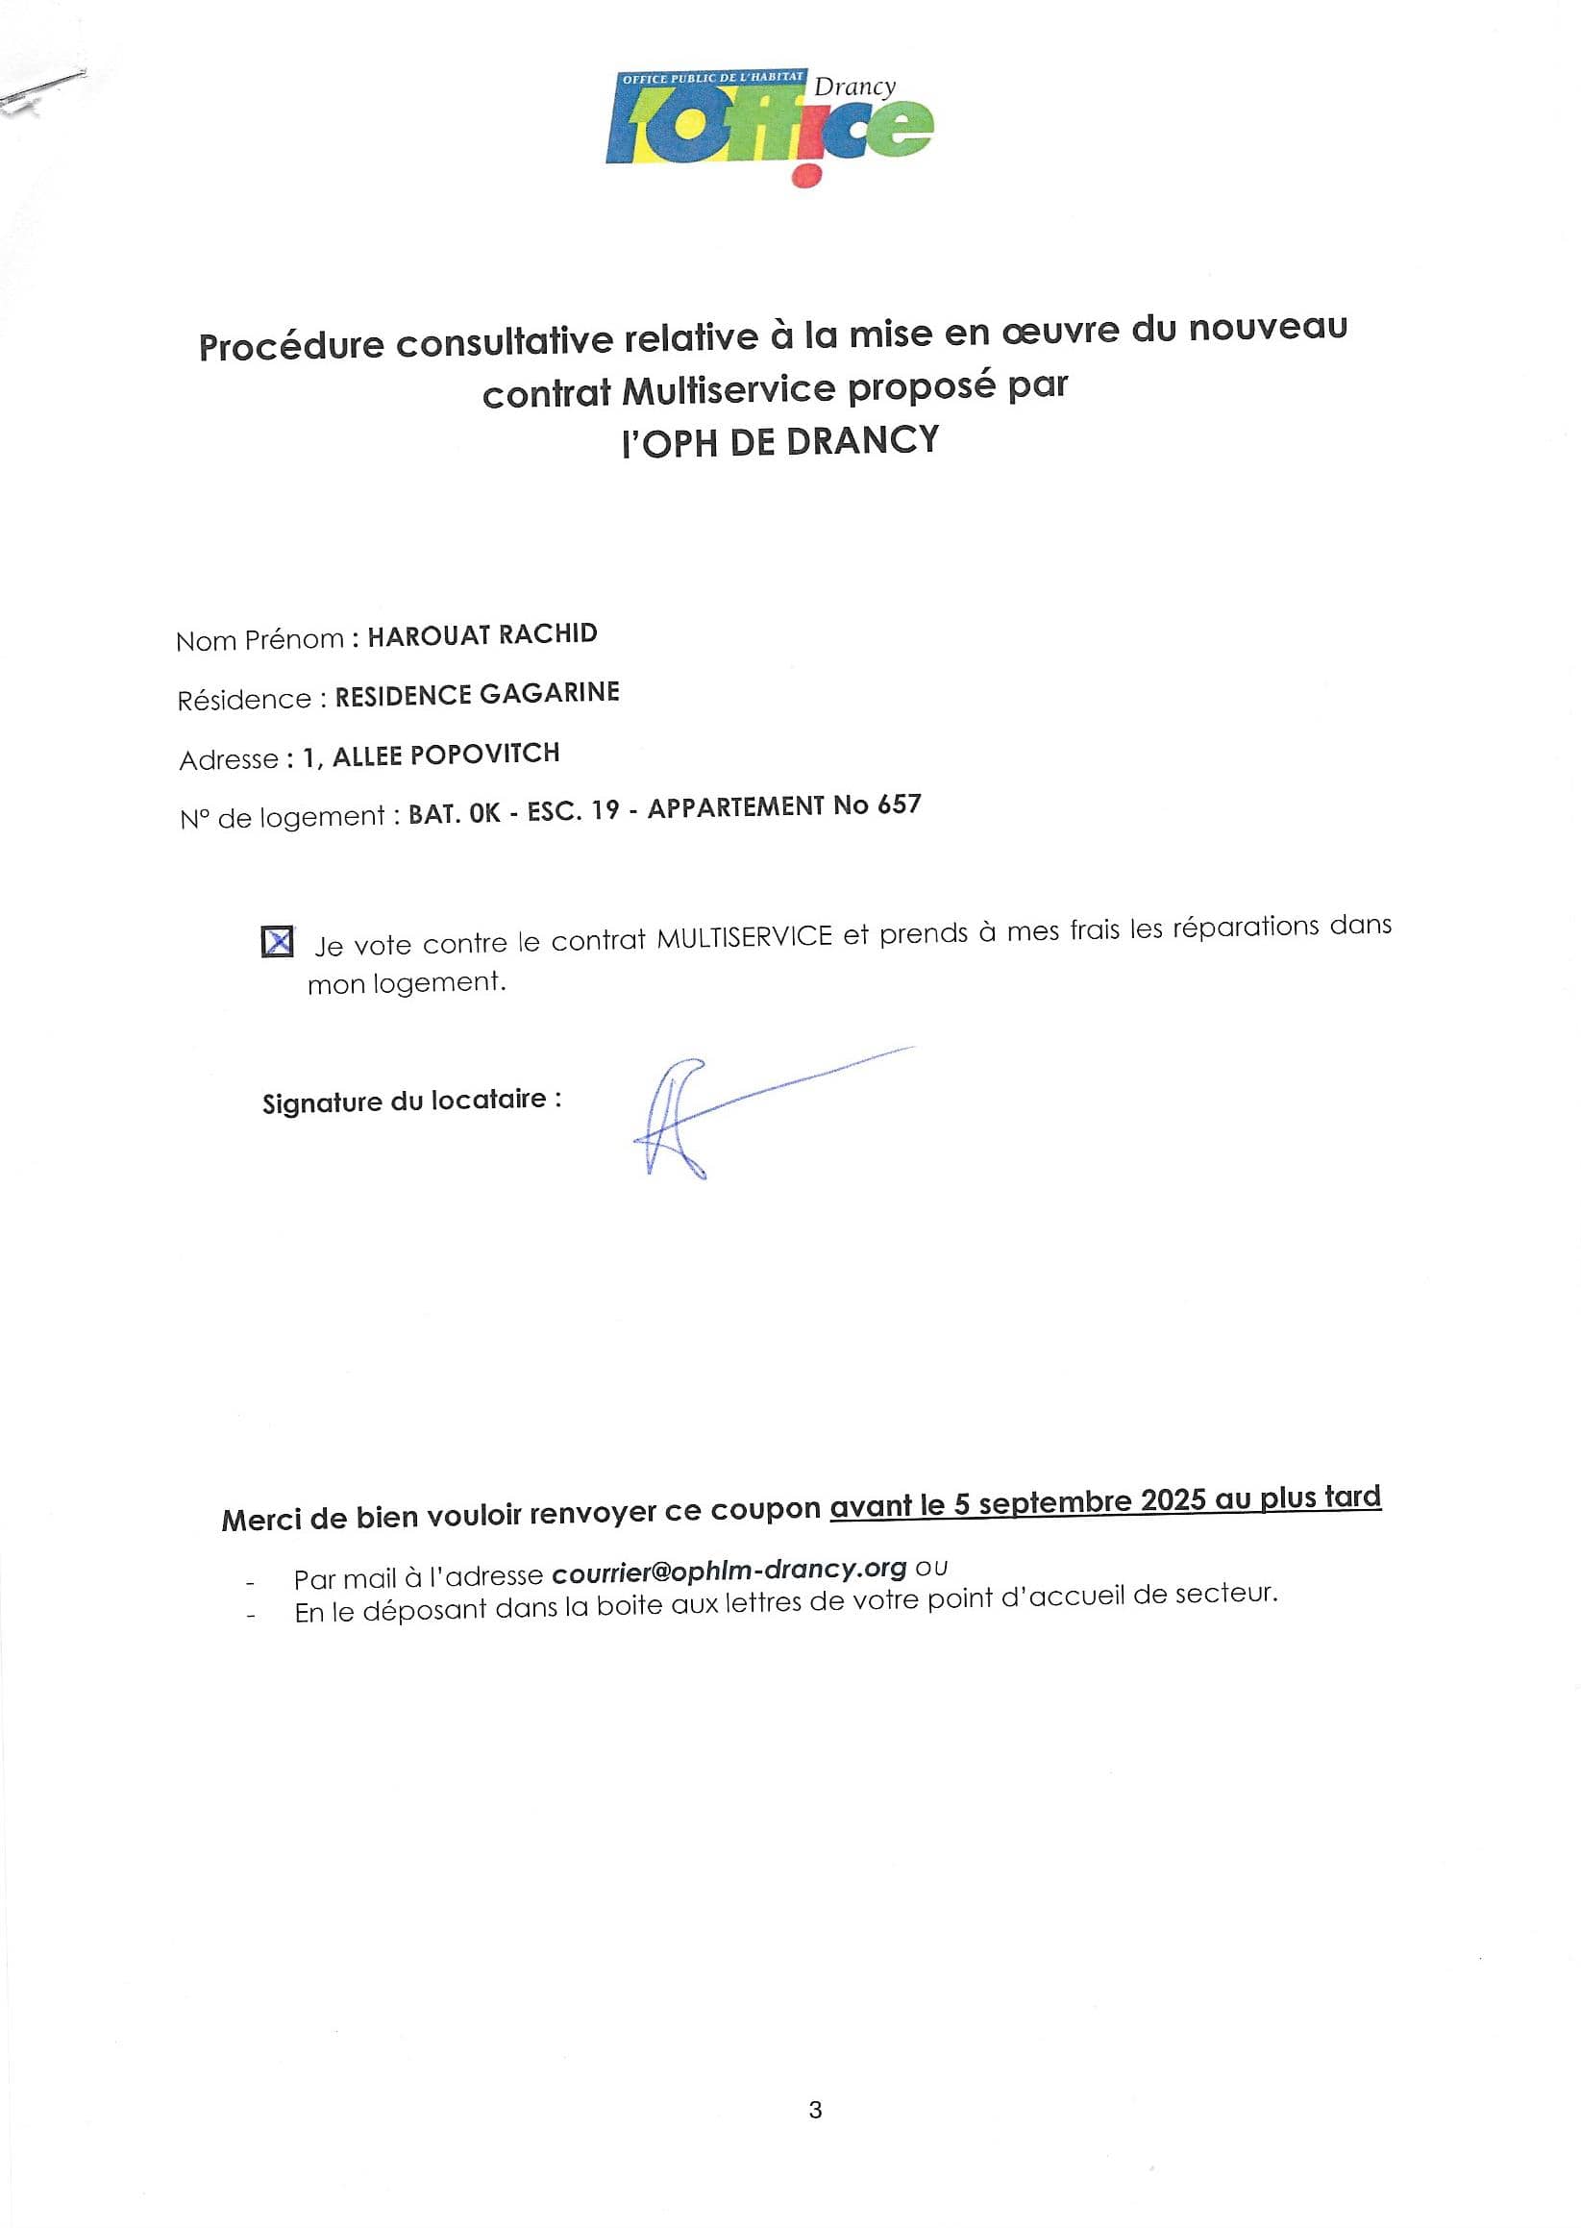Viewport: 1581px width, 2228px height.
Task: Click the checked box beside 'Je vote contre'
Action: pos(278,942)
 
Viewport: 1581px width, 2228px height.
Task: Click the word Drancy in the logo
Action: pos(854,87)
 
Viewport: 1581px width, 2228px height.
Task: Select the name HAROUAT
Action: pos(429,635)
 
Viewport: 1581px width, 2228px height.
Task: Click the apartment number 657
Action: pos(899,805)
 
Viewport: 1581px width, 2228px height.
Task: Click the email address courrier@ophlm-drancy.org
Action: pos(729,1569)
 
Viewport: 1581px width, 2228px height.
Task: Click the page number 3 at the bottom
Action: pos(815,2109)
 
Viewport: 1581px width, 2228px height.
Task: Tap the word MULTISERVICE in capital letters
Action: pos(745,937)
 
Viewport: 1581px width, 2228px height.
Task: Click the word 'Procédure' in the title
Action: pos(291,345)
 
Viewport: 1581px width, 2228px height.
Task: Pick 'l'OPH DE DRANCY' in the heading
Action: pos(780,441)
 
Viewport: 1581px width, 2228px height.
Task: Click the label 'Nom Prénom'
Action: pos(259,639)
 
